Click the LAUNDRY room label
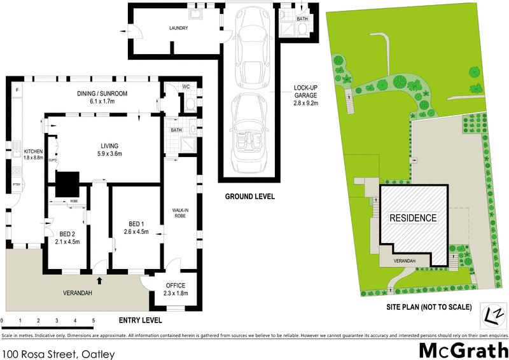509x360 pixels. coord(178,28)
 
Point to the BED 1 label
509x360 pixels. coord(136,223)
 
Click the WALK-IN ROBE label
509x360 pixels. coord(180,212)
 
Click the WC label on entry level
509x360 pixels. coord(186,87)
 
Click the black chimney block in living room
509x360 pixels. coord(67,186)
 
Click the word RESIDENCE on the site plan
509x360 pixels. coord(413,218)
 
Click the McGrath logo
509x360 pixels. coord(463,349)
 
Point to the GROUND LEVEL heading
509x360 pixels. coord(249,197)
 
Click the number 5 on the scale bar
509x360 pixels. coord(94,320)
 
